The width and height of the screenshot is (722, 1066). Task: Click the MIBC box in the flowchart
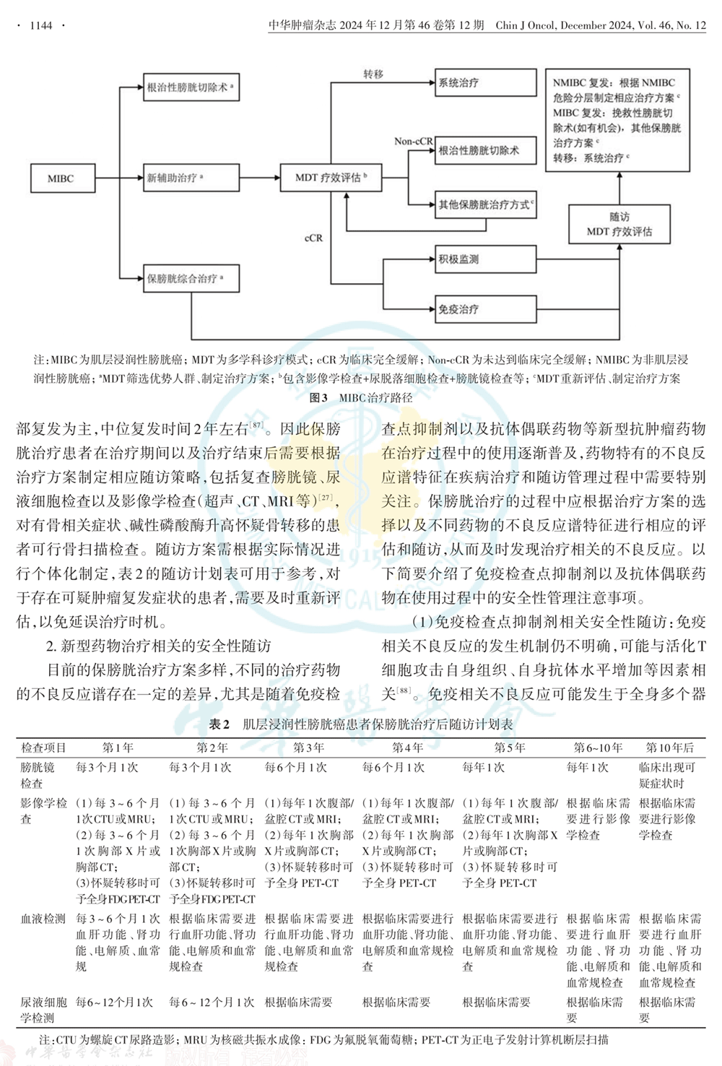61,178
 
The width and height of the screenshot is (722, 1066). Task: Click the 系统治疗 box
485,83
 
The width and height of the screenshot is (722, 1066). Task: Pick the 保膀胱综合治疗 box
191,279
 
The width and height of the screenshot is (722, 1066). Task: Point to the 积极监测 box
485,259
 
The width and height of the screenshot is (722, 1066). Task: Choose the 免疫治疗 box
485,310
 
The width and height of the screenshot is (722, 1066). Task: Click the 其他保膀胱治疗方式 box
485,205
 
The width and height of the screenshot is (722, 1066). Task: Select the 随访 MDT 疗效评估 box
619,224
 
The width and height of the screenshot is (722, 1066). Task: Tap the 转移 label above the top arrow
373,74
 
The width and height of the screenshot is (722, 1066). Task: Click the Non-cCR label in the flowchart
413,141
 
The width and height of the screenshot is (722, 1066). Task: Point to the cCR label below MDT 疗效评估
313,238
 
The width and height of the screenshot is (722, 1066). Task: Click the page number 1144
41,25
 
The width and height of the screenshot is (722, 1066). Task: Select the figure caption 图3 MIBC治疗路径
361,397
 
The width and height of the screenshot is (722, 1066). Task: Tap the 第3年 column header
308,747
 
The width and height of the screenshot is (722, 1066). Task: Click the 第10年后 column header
669,747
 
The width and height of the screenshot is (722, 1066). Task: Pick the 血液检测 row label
43,919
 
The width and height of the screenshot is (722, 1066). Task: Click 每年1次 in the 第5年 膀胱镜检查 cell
483,767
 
